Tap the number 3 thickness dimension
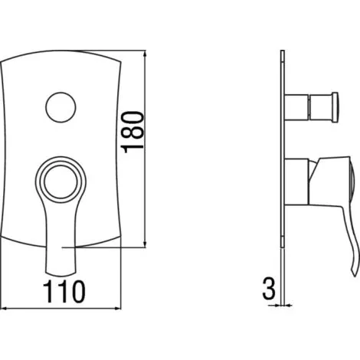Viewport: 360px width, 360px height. pyautogui.click(x=268, y=288)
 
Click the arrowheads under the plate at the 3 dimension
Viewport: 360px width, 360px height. pyautogui.click(x=283, y=304)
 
